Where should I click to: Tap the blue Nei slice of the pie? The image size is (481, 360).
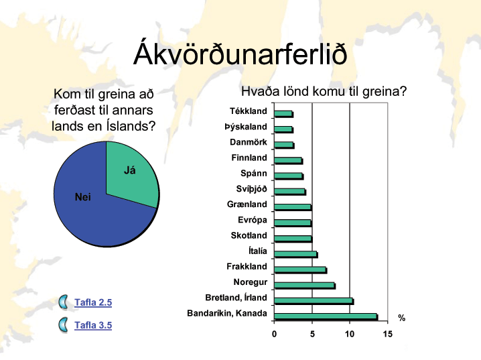(x=92, y=208)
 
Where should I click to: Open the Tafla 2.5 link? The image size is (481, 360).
(x=93, y=302)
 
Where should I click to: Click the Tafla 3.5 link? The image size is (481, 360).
(x=93, y=325)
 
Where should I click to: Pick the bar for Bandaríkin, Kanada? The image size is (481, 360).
(x=326, y=316)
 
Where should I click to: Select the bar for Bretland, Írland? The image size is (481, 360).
(x=314, y=301)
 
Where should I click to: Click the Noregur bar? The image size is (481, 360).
(x=305, y=286)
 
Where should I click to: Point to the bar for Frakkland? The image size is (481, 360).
(x=301, y=270)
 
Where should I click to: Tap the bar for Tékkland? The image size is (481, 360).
(x=284, y=114)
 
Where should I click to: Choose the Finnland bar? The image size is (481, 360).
(x=289, y=161)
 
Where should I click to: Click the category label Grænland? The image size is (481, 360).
(x=247, y=204)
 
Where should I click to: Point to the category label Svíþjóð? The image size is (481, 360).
(x=251, y=189)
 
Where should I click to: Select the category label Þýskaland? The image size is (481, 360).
(x=246, y=127)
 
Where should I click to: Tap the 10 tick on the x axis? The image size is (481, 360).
(x=350, y=334)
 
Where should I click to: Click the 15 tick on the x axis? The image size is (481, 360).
(x=387, y=334)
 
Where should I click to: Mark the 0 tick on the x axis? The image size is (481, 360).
(x=274, y=334)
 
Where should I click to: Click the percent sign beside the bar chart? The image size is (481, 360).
(x=401, y=318)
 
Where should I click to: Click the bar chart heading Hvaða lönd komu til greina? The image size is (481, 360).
(x=324, y=91)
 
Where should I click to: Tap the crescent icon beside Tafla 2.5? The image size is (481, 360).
(x=64, y=302)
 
